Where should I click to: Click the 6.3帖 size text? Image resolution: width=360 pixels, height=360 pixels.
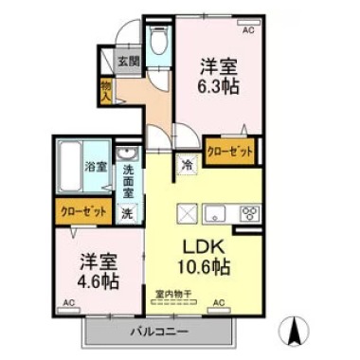point(218,84)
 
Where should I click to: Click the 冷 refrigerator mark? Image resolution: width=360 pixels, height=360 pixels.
point(188,163)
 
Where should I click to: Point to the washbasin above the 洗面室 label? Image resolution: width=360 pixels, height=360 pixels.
point(127,153)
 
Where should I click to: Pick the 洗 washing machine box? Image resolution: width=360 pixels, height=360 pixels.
point(126,212)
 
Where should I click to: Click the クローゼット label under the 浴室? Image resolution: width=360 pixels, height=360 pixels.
point(81,212)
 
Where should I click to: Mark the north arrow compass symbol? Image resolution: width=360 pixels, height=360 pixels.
point(297,333)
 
